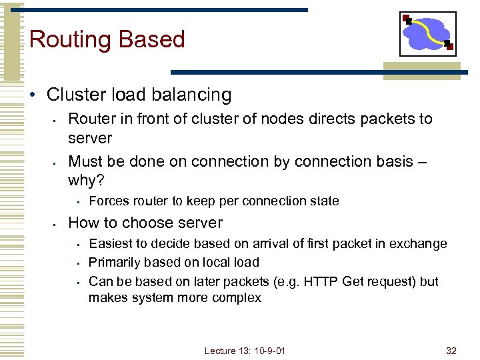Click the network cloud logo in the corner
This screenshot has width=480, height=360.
(x=427, y=33)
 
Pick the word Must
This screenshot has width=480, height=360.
(x=85, y=161)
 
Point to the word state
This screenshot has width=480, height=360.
(x=323, y=201)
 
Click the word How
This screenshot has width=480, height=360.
(x=83, y=223)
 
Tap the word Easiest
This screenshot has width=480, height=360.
(x=111, y=243)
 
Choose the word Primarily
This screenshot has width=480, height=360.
(x=115, y=262)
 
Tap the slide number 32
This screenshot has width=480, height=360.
(x=451, y=350)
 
